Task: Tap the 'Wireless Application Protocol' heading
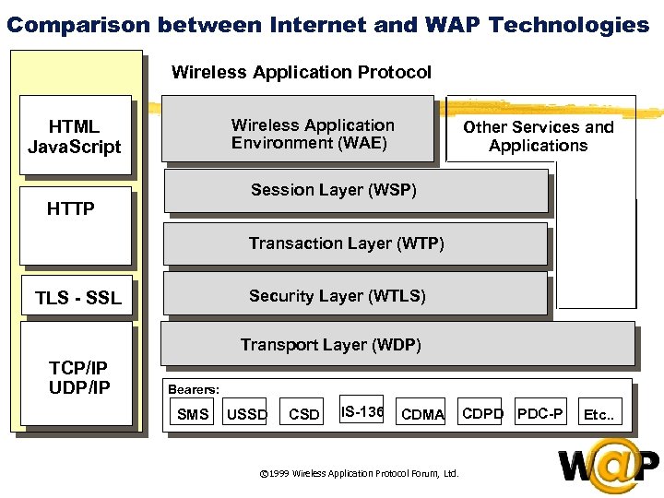pyautogui.click(x=302, y=72)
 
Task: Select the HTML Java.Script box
pyautogui.click(x=75, y=136)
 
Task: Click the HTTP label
pyautogui.click(x=71, y=209)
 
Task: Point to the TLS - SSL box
pyautogui.click(x=77, y=298)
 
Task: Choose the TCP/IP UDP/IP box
pyautogui.click(x=78, y=377)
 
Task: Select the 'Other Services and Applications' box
pyautogui.click(x=539, y=136)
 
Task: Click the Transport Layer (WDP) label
pyautogui.click(x=330, y=345)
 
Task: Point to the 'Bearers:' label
pyautogui.click(x=194, y=389)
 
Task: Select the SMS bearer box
pyautogui.click(x=193, y=414)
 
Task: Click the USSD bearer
pyautogui.click(x=247, y=414)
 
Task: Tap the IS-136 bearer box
pyautogui.click(x=362, y=410)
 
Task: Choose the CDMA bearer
pyautogui.click(x=423, y=414)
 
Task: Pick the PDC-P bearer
pyautogui.click(x=540, y=413)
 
